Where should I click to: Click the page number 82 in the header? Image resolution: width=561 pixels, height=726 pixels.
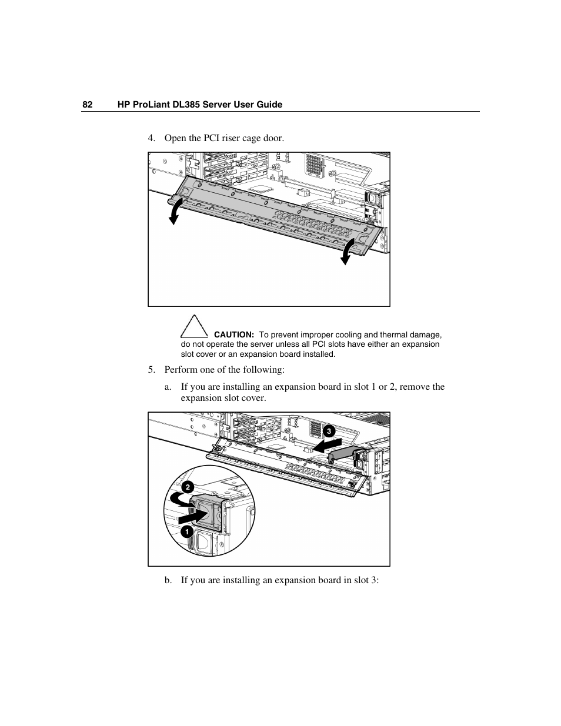point(87,105)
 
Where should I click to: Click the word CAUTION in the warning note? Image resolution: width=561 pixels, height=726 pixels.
point(233,334)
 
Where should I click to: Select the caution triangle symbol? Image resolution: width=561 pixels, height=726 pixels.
point(194,326)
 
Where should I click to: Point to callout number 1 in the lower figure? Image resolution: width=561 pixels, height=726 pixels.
point(186,531)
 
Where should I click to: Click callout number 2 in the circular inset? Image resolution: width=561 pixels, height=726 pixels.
point(186,487)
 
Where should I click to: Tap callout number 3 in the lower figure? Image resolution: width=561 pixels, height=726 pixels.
point(329,431)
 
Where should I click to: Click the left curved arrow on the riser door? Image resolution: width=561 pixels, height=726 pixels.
point(174,211)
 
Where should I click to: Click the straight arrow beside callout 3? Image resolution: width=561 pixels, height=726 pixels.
point(325,447)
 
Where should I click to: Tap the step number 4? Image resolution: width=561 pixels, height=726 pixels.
point(152,138)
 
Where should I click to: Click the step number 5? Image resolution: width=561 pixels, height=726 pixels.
point(152,370)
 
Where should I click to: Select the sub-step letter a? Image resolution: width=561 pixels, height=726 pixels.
point(168,387)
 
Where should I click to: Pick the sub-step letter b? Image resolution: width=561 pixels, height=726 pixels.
point(168,580)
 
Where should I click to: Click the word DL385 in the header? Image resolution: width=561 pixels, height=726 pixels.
point(185,105)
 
